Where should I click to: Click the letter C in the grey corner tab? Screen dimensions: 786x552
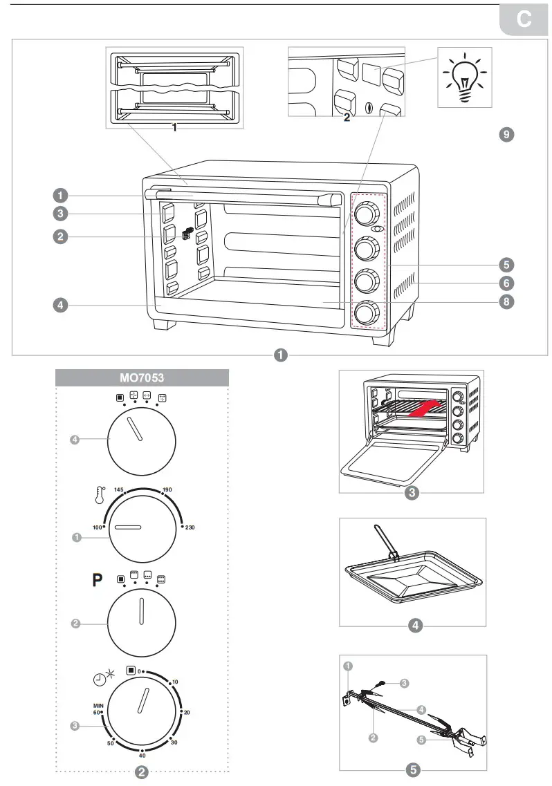pos(524,21)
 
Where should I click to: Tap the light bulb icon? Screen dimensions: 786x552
pos(464,77)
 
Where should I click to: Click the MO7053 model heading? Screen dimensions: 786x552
pos(142,379)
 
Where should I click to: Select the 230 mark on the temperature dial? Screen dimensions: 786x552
pos(189,527)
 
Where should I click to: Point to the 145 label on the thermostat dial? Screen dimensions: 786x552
pos(118,489)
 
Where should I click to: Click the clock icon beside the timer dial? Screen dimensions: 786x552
pos(102,678)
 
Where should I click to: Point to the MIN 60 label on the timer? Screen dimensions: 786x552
pos(98,708)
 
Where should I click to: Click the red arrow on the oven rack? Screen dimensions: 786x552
pos(423,409)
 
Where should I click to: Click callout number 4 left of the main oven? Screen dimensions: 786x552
pos(62,304)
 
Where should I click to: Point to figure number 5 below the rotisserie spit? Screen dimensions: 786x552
pos(413,769)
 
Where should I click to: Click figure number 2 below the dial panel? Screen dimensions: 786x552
pos(142,773)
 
